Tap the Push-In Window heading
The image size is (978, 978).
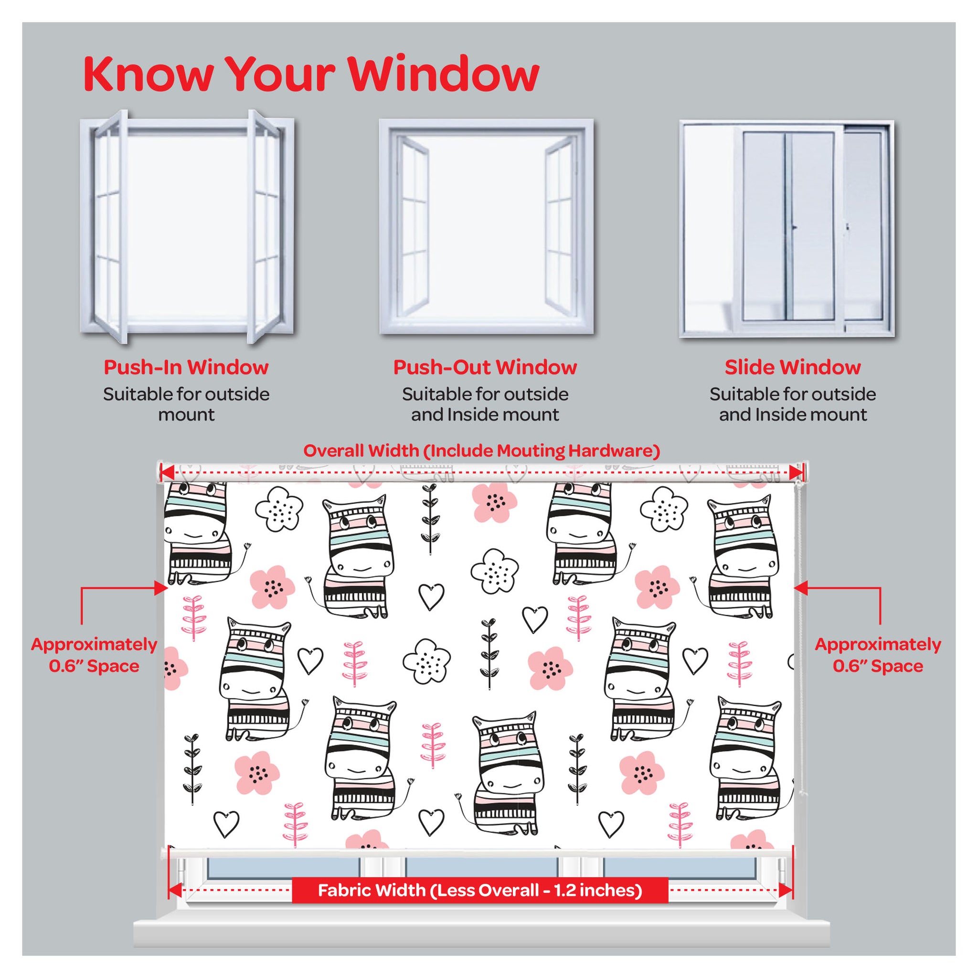[x=186, y=368]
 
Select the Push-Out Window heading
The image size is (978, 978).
[x=485, y=368]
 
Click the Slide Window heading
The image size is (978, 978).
[x=793, y=368]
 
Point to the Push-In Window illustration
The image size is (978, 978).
[x=187, y=227]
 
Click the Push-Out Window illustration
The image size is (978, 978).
[x=487, y=227]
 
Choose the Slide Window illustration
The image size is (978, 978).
[x=787, y=229]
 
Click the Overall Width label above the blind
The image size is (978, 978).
[x=481, y=451]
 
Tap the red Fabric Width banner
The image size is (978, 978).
[x=480, y=891]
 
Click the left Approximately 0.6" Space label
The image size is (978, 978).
[x=94, y=655]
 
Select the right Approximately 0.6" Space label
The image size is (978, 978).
[x=878, y=655]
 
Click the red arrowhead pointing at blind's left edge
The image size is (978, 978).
[x=161, y=588]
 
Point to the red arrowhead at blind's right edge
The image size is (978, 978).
[x=800, y=588]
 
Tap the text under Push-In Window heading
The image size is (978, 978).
[x=186, y=404]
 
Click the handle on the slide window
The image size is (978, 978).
[x=794, y=228]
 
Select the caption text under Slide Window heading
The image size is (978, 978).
[x=793, y=404]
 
